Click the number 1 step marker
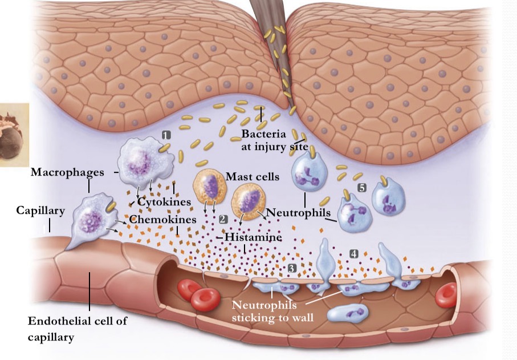(166, 135)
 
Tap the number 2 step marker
(223, 219)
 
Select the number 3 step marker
(292, 267)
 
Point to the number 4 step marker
(353, 253)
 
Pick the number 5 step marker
(361, 187)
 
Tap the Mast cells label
(252, 176)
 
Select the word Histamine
(253, 236)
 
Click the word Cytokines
(164, 202)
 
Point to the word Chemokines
(162, 219)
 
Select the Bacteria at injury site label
(274, 140)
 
